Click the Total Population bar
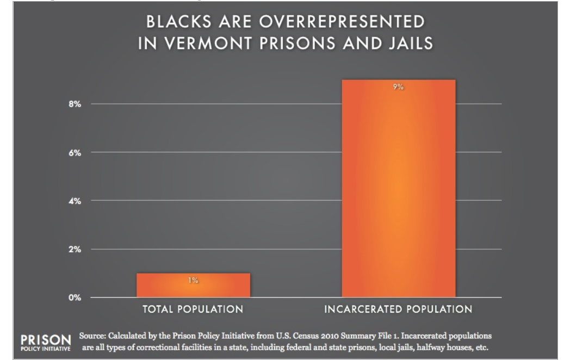point(193,285)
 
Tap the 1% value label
point(193,281)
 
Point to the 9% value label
point(398,87)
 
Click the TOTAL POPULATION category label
point(193,311)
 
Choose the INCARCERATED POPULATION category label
point(398,311)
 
